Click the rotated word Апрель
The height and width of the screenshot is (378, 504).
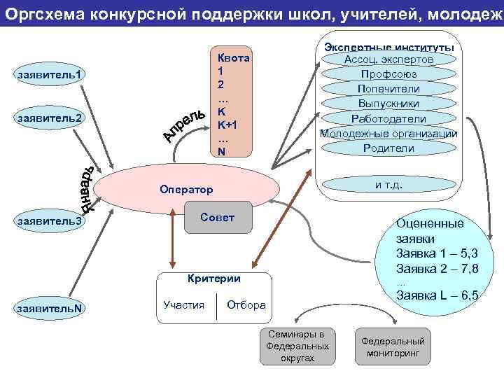pyautogui.click(x=184, y=123)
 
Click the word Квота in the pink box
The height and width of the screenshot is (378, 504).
pyautogui.click(x=234, y=58)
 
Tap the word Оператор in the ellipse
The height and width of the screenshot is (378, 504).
pyautogui.click(x=185, y=190)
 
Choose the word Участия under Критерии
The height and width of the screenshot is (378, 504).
pyautogui.click(x=183, y=304)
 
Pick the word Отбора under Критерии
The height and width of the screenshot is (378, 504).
pyautogui.click(x=246, y=304)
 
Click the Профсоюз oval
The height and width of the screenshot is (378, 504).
pyautogui.click(x=388, y=74)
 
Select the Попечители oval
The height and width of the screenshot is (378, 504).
pyautogui.click(x=388, y=89)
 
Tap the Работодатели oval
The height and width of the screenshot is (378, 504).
pyautogui.click(x=388, y=118)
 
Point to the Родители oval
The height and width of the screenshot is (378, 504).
pyautogui.click(x=388, y=148)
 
